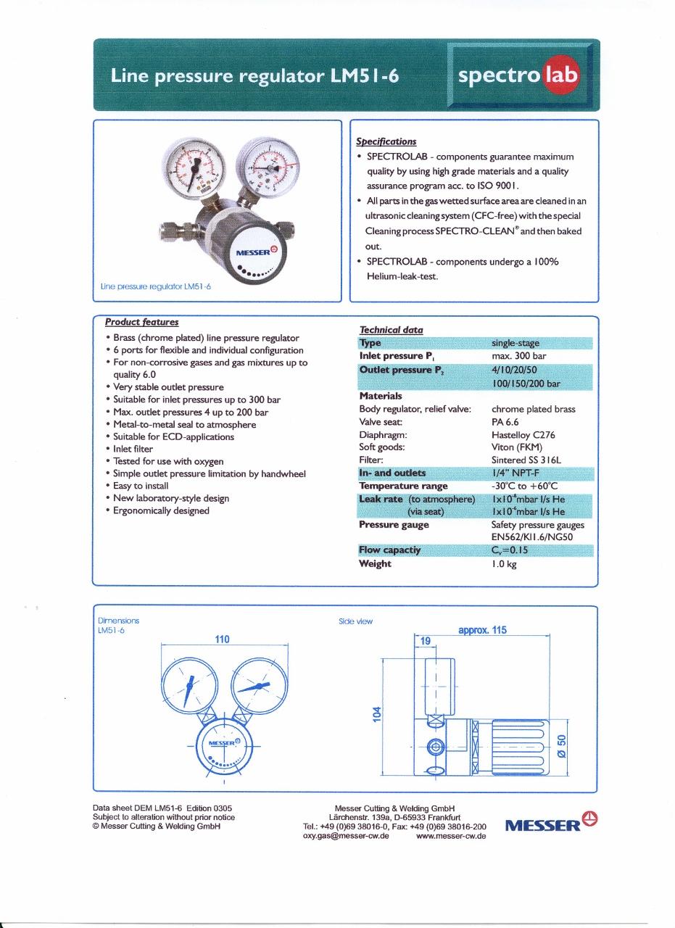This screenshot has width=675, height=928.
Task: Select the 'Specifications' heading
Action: [386, 141]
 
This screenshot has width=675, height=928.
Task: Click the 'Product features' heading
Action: [142, 322]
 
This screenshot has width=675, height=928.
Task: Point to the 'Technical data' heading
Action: [392, 330]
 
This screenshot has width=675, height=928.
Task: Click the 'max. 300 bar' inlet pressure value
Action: [518, 356]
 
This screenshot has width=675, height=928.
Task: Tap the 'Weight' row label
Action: [375, 563]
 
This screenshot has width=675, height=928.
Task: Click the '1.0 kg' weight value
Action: [504, 563]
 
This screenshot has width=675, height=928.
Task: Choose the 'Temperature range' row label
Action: [403, 486]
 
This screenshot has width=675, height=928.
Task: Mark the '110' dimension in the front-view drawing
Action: [223, 639]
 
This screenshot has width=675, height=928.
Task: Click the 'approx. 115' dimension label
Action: [482, 630]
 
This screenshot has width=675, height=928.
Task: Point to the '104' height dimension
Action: [377, 714]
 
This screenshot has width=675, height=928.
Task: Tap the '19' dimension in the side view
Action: [426, 641]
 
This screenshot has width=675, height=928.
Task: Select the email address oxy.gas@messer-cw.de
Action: [346, 835]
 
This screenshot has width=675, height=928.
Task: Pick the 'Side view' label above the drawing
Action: [355, 621]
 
